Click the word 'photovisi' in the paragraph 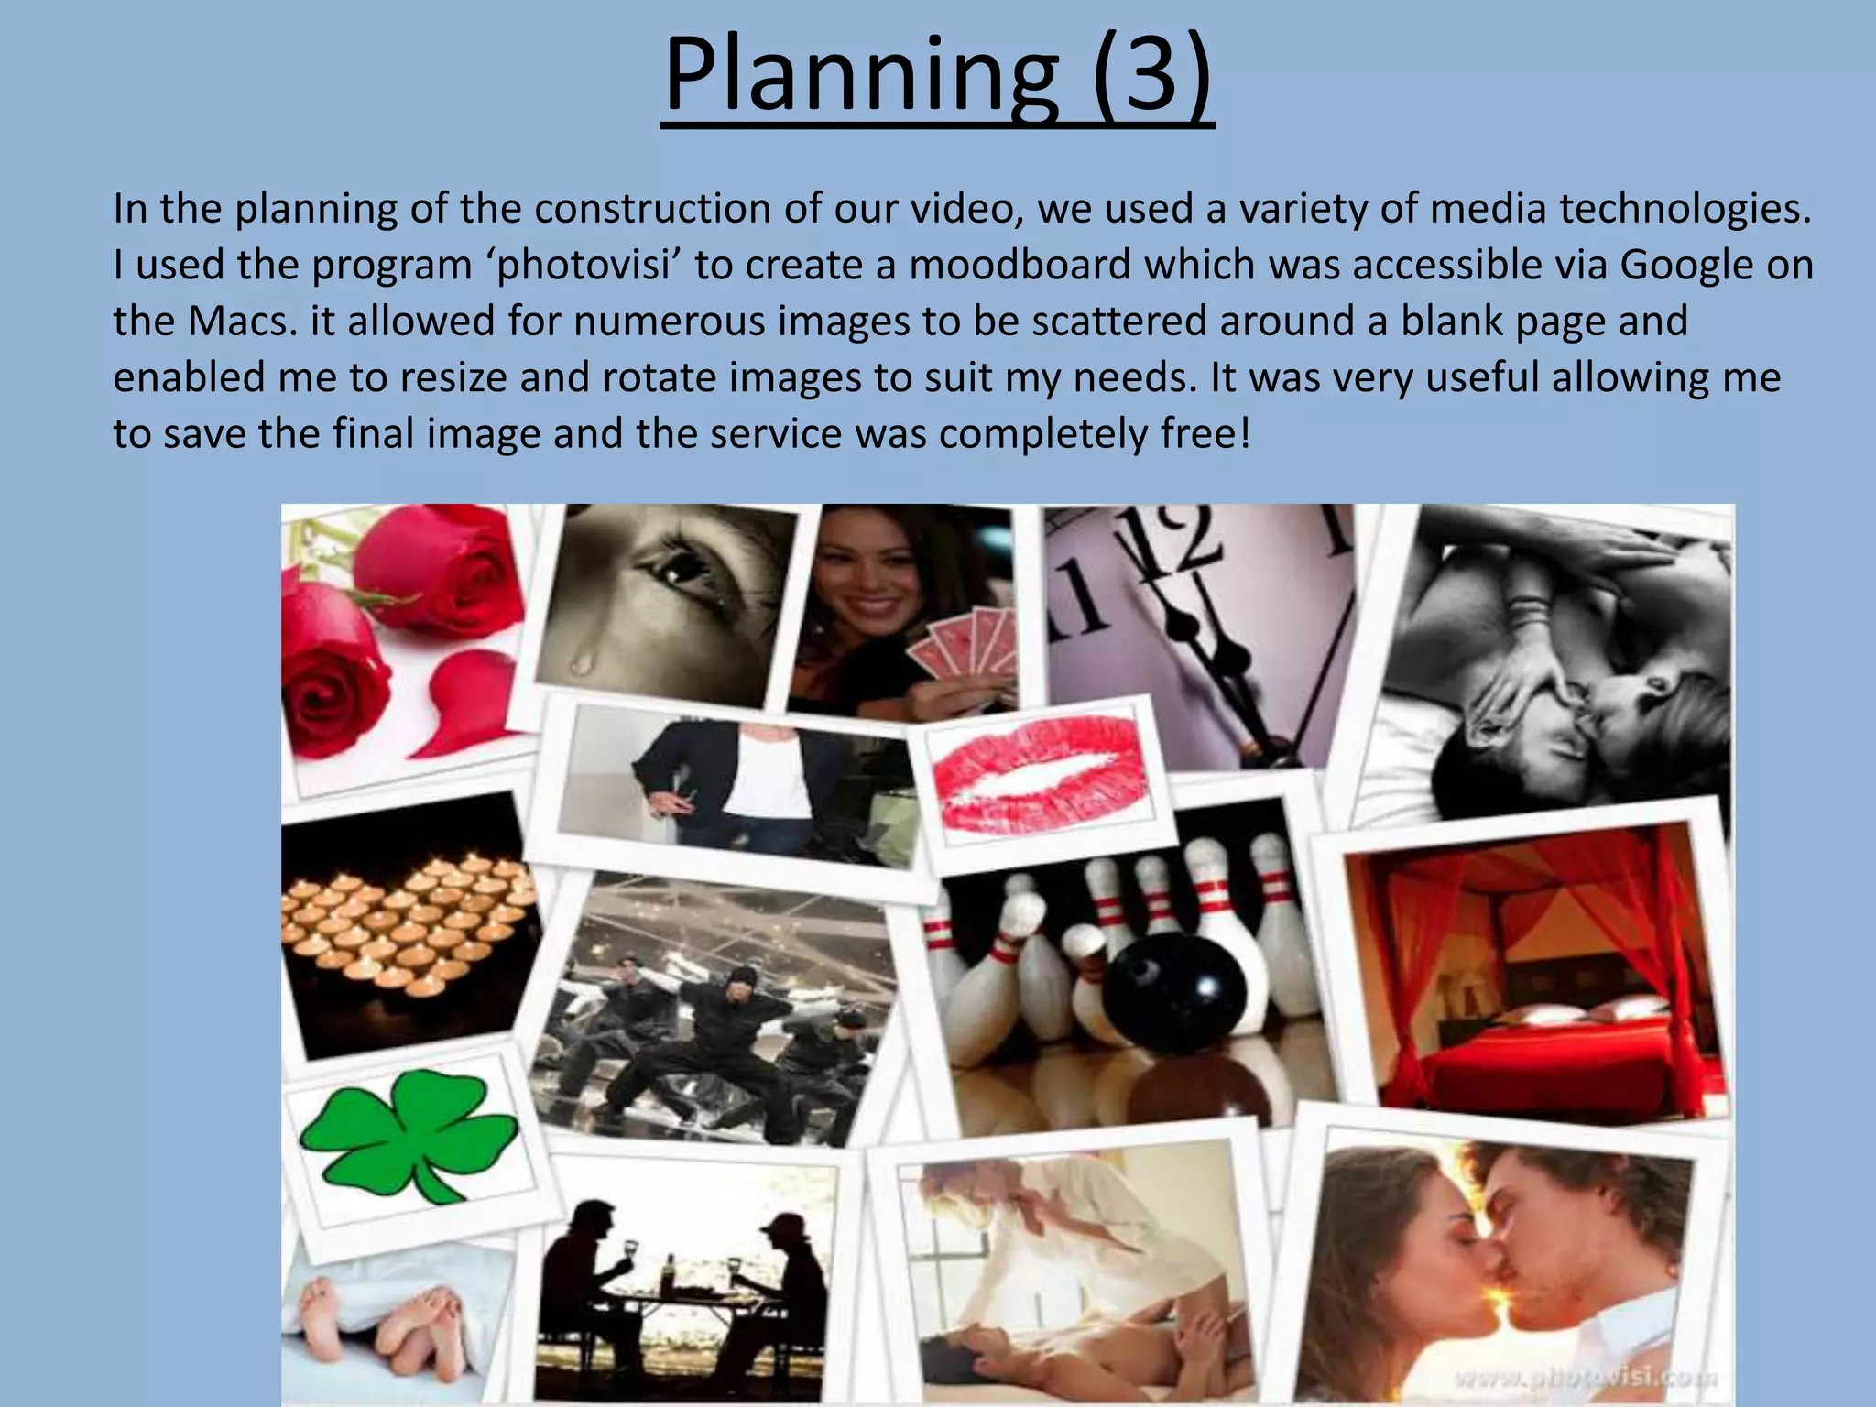(583, 266)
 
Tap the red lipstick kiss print (1040, 771)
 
